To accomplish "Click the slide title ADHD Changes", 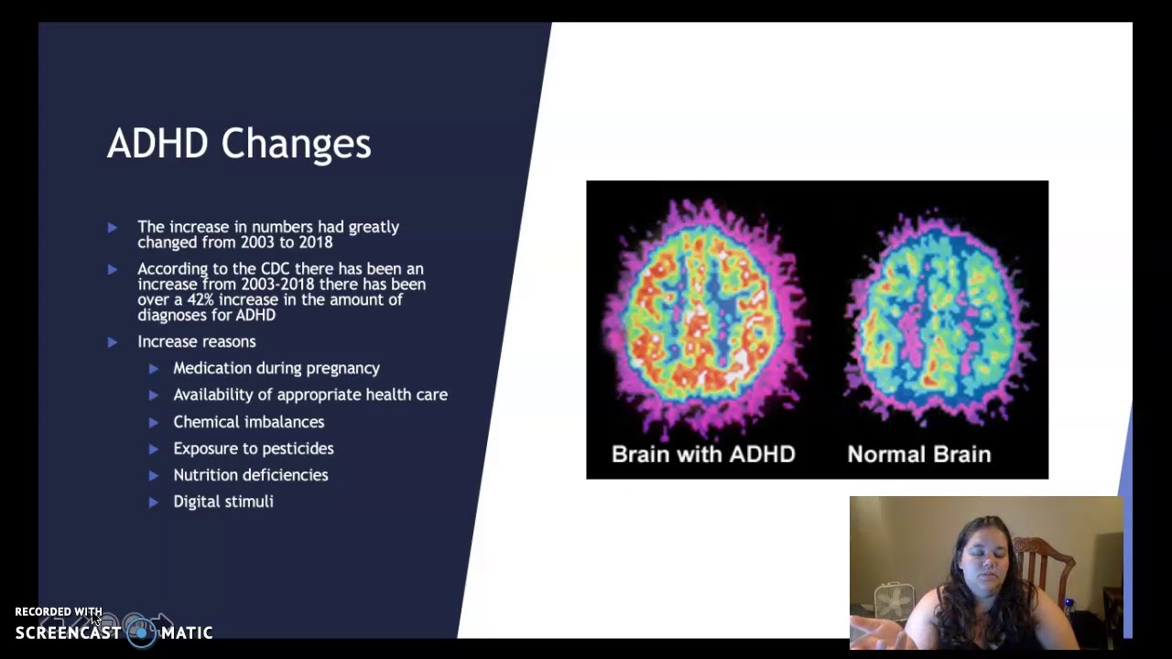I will (x=239, y=145).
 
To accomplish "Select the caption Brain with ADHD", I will (x=702, y=454).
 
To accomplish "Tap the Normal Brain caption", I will (x=918, y=454).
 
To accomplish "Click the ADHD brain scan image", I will (x=703, y=316).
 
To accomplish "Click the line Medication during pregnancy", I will (x=276, y=368).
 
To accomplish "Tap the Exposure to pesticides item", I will (x=253, y=448).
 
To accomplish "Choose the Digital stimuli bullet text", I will (x=222, y=502).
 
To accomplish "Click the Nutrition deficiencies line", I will (x=250, y=475).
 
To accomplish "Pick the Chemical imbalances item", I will (x=248, y=422).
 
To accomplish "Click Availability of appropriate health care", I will (x=309, y=394).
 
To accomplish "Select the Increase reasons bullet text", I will (x=196, y=341).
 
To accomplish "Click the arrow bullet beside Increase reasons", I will (x=112, y=341).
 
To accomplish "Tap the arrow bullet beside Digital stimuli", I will (x=153, y=502).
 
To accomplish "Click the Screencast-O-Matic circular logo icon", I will (x=141, y=632).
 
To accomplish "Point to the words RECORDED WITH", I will (x=58, y=611).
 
